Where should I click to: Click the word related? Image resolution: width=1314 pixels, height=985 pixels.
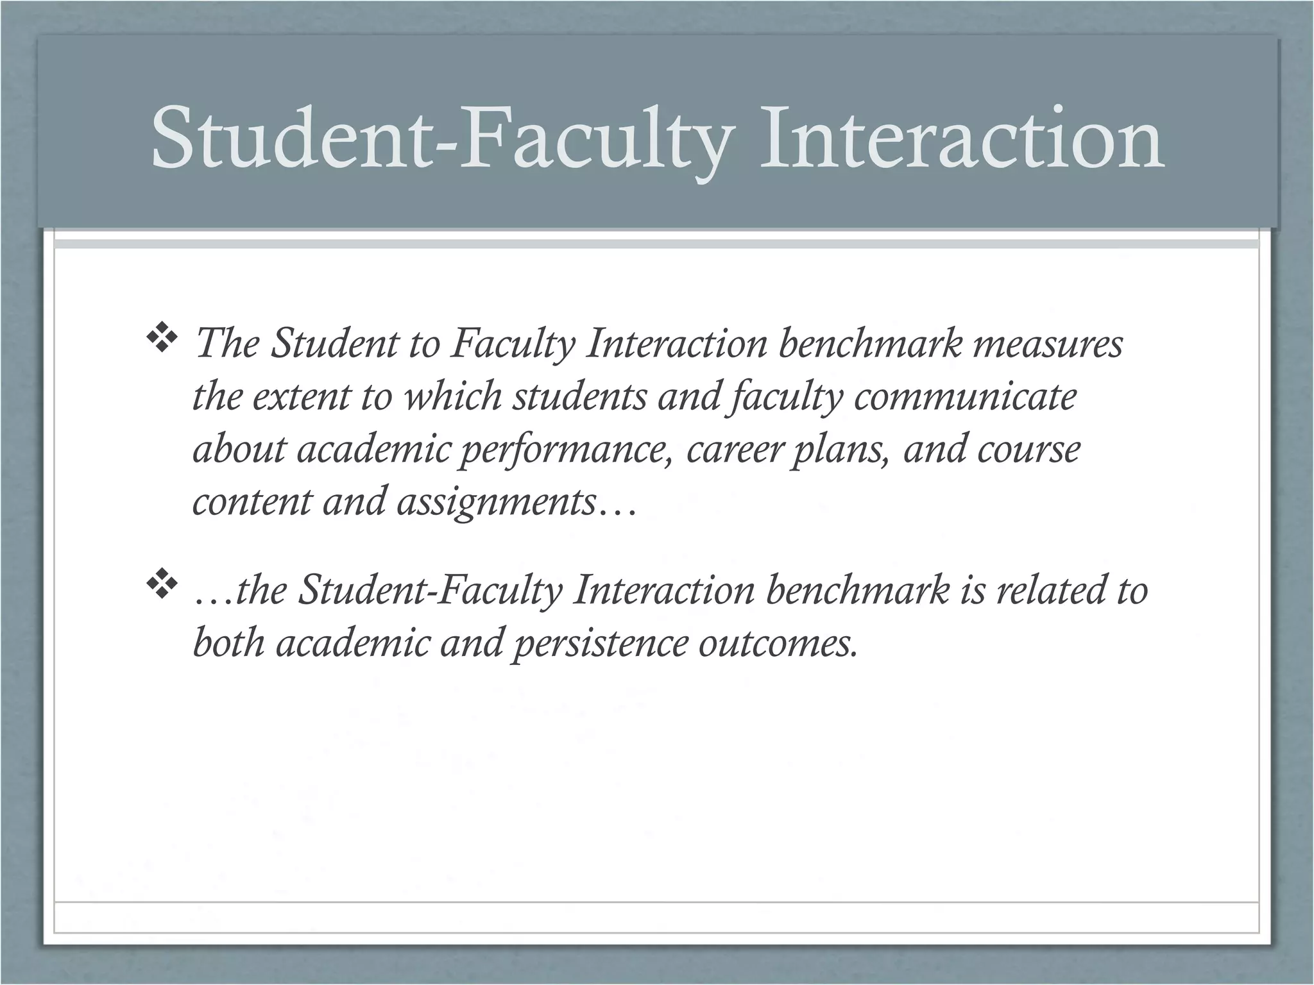(1043, 590)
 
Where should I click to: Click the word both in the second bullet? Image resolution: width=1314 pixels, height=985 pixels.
(228, 643)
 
